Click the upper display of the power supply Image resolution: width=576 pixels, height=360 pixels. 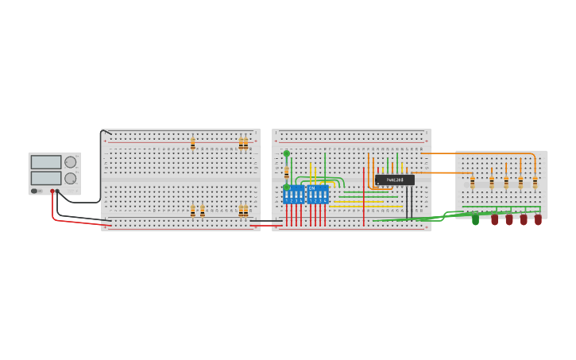click(45, 162)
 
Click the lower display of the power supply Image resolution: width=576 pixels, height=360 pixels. click(45, 178)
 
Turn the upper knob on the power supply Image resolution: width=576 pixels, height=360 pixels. click(71, 162)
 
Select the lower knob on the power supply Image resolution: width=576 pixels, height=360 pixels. click(71, 178)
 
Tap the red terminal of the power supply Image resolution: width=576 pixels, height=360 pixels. click(52, 191)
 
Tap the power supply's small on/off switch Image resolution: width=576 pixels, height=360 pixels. click(35, 191)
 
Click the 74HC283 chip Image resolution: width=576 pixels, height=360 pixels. click(394, 180)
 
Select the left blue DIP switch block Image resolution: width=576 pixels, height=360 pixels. click(293, 195)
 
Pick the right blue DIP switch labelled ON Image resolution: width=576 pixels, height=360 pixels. click(318, 195)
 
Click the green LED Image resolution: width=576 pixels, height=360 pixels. click(475, 219)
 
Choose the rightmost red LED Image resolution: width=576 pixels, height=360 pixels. click(538, 219)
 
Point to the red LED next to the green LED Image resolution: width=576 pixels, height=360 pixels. click(494, 219)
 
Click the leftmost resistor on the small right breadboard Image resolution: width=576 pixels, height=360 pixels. click(472, 182)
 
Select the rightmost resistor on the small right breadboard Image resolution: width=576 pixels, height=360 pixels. click(535, 182)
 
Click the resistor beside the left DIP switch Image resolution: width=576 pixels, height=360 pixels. click(287, 172)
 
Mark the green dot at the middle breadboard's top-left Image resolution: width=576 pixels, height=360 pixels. click(287, 153)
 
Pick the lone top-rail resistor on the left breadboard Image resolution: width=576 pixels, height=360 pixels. click(192, 144)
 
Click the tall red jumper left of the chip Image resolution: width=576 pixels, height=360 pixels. click(364, 195)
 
